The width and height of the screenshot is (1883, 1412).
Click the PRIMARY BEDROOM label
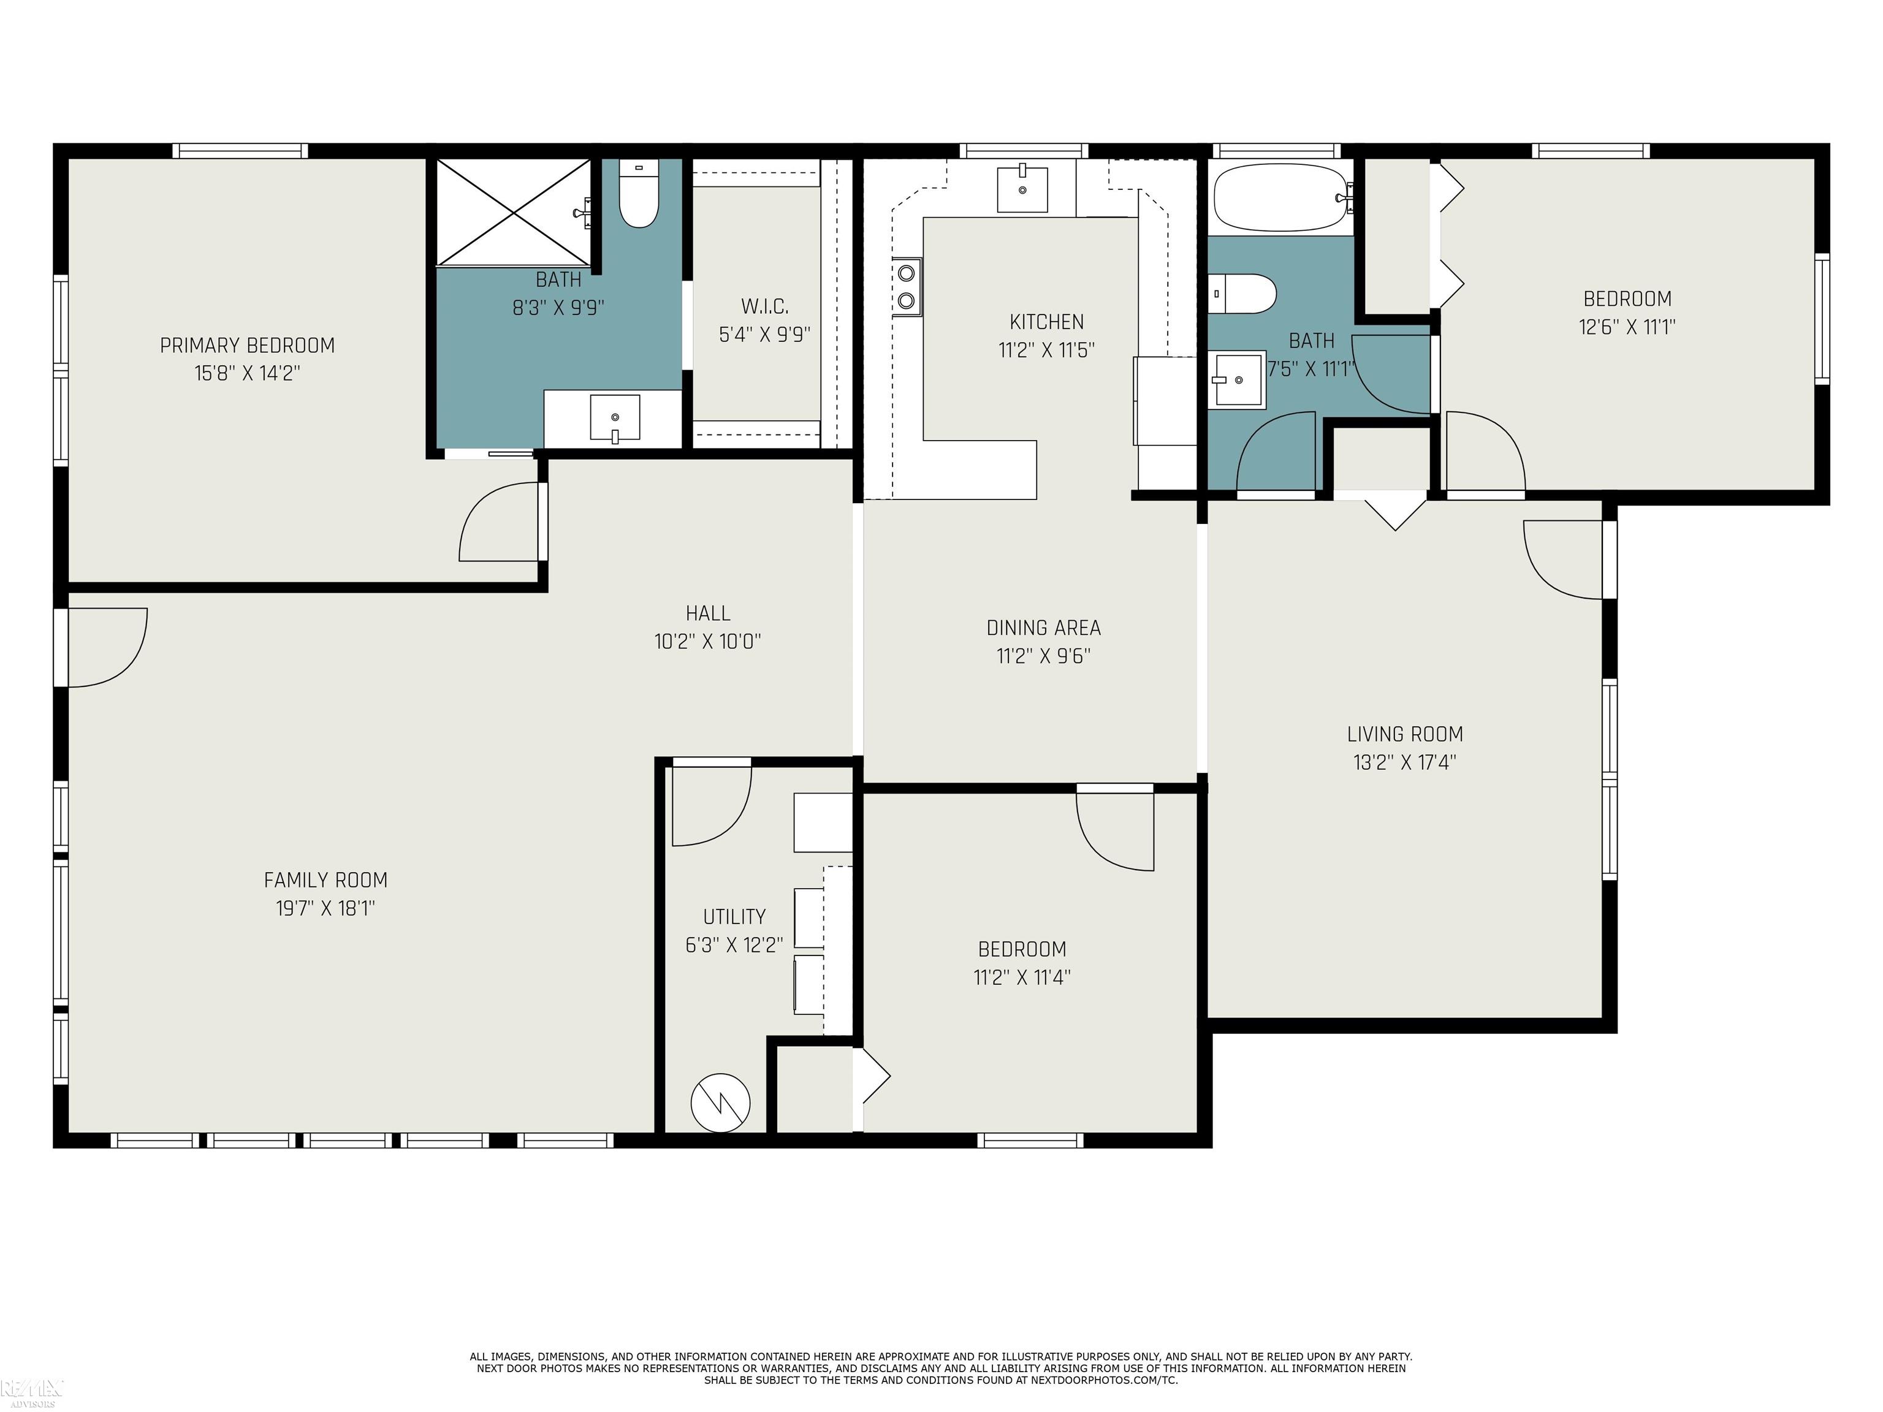pyautogui.click(x=248, y=346)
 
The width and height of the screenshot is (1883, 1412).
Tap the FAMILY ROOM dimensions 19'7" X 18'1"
pyautogui.click(x=325, y=908)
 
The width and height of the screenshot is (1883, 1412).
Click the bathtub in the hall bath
pyautogui.click(x=1280, y=199)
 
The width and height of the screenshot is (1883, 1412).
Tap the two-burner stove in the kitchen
pyautogui.click(x=907, y=287)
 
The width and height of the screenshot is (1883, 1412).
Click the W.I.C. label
pyautogui.click(x=764, y=306)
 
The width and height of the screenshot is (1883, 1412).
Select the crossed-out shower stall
pyautogui.click(x=513, y=213)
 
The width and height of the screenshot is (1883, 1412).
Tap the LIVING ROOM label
pyautogui.click(x=1405, y=735)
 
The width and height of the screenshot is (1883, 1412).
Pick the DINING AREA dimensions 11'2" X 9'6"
pyautogui.click(x=1044, y=656)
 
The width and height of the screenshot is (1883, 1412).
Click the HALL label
pyautogui.click(x=707, y=613)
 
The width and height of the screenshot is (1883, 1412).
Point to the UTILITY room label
pyautogui.click(x=734, y=917)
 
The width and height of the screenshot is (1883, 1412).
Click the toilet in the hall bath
pyautogui.click(x=1243, y=294)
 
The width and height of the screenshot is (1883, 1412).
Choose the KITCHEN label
pyautogui.click(x=1046, y=322)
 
